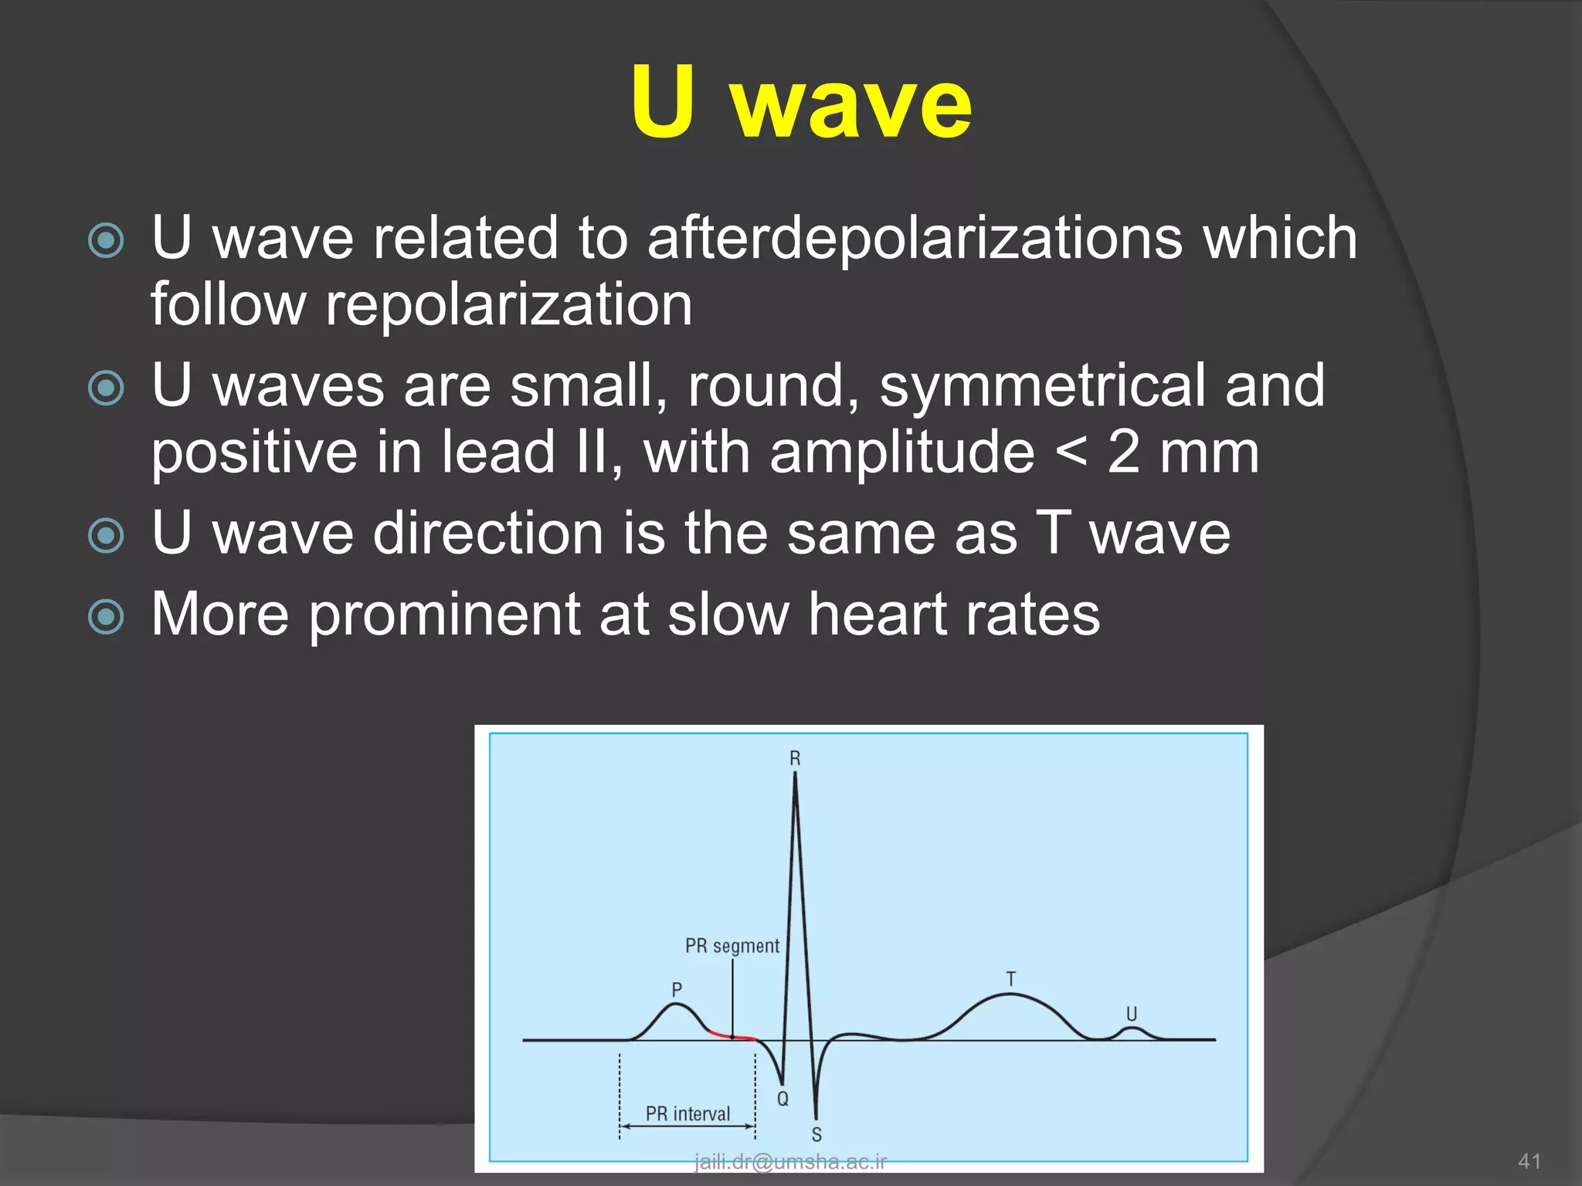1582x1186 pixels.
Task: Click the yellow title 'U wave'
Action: pos(801,103)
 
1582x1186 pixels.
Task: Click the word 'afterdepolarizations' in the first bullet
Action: pos(914,238)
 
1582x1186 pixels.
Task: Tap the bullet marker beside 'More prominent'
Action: pos(106,617)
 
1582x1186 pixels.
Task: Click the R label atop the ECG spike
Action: pos(795,759)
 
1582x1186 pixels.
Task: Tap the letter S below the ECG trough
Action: pos(816,1134)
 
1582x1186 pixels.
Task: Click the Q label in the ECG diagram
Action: pos(783,1099)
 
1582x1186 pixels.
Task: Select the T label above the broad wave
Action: pos(1010,979)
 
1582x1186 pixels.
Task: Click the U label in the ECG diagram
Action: pos(1131,1014)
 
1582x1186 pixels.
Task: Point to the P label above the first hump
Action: pos(677,989)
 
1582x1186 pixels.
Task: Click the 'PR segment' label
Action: pos(732,946)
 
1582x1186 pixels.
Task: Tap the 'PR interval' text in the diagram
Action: pos(687,1113)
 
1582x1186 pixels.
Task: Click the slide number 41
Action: pos(1529,1161)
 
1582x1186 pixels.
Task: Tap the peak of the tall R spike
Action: pos(795,774)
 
